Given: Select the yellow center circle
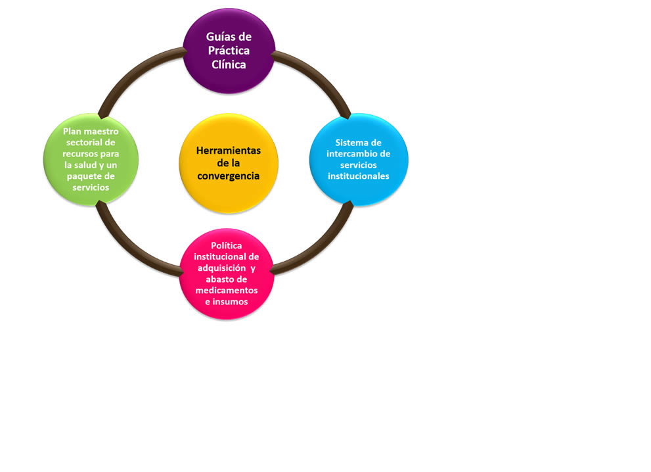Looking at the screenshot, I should click(228, 163).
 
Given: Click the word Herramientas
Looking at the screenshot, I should click(228, 151).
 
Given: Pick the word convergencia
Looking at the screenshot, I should click(228, 176).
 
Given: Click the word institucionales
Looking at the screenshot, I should click(358, 176).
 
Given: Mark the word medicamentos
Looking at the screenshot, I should click(227, 290).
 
